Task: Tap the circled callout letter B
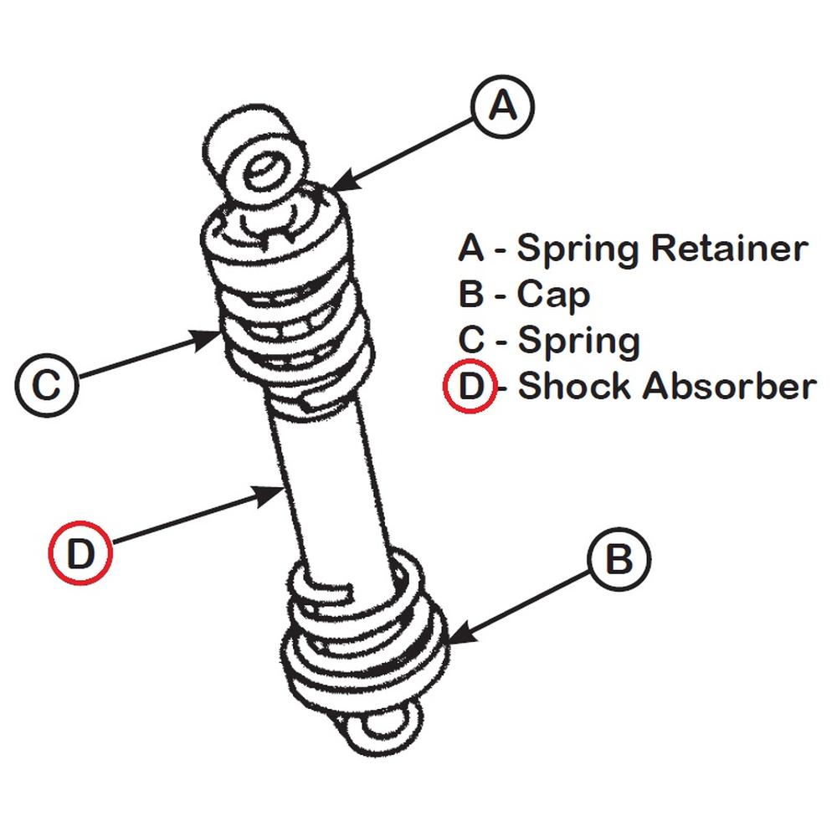(619, 559)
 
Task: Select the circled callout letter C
(48, 386)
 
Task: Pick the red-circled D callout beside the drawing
(80, 553)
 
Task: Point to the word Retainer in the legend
(729, 249)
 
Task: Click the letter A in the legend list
(471, 249)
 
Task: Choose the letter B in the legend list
(471, 295)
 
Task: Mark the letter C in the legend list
(471, 341)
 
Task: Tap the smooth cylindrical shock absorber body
(331, 485)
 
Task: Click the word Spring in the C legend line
(578, 341)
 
